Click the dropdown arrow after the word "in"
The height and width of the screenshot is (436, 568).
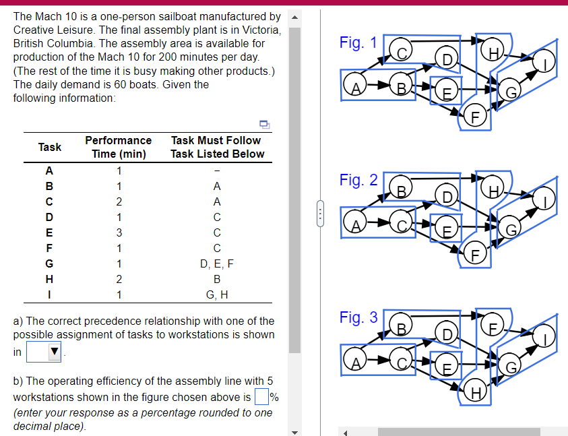54,351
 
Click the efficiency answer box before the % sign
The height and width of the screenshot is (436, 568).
261,397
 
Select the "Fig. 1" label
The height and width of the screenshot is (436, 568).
358,43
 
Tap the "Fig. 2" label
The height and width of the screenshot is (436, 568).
358,180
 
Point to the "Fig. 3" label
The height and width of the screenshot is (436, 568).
358,317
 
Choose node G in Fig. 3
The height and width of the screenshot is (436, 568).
512,368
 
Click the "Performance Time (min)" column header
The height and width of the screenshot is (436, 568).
119,147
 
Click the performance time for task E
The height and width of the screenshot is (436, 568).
119,232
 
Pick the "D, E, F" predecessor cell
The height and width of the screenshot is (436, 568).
217,263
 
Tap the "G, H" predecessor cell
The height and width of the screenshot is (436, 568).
217,294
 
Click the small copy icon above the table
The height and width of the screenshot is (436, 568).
264,123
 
